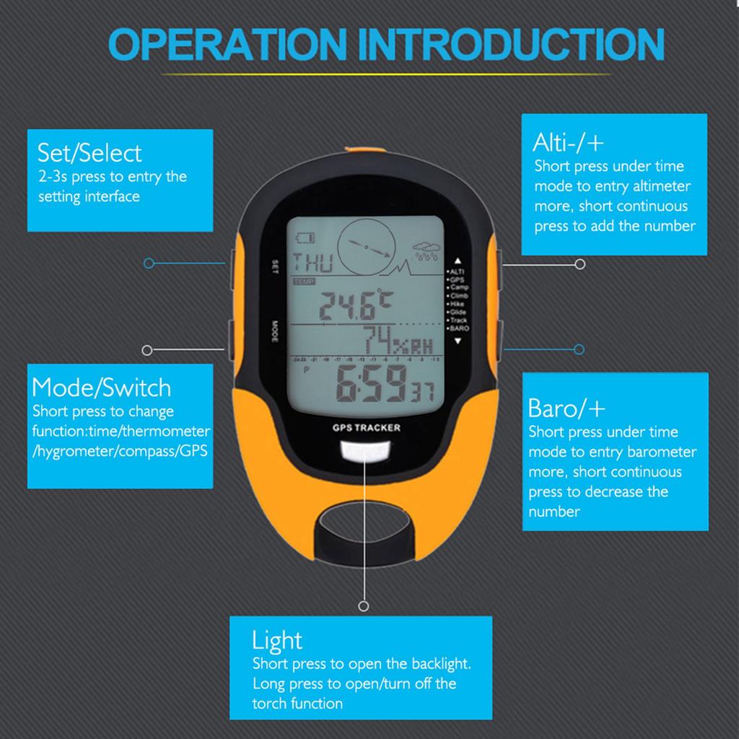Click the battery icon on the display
(x=305, y=237)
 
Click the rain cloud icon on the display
(x=427, y=253)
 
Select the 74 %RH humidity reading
(x=396, y=339)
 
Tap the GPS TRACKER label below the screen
(x=367, y=427)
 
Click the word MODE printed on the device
(x=275, y=331)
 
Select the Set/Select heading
(x=89, y=153)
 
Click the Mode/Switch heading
(x=102, y=388)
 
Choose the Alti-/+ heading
(x=568, y=141)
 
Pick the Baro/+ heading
(x=567, y=408)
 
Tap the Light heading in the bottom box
(x=277, y=640)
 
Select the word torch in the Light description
(x=270, y=704)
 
